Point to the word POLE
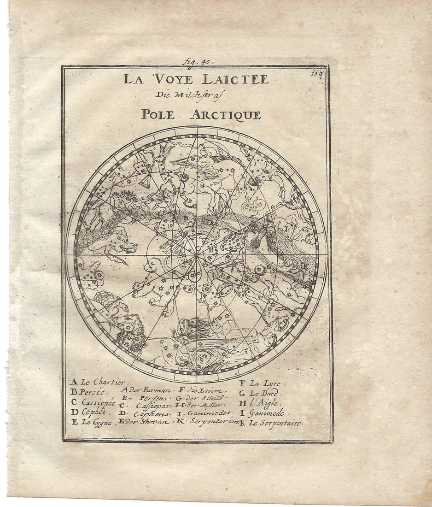click(158, 115)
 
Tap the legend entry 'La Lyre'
click(265, 383)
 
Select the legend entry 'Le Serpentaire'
click(274, 423)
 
